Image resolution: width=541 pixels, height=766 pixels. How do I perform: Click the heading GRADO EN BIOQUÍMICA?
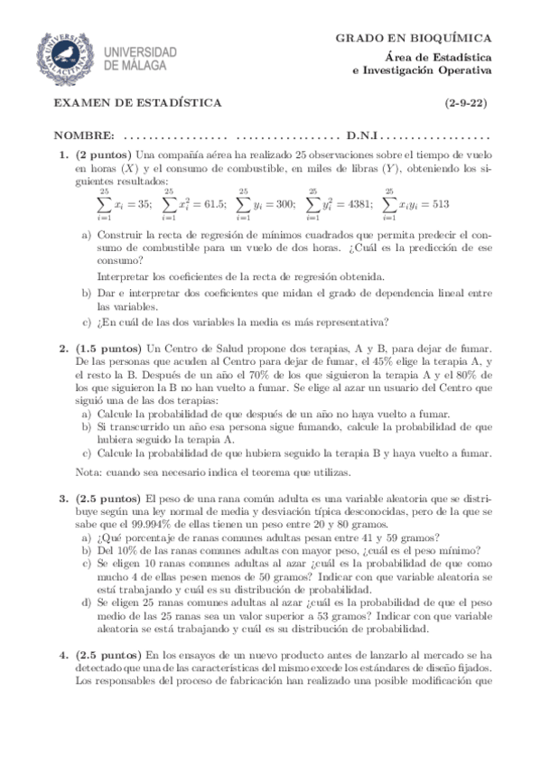(x=414, y=38)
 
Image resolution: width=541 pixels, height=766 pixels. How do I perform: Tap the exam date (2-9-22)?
(x=466, y=104)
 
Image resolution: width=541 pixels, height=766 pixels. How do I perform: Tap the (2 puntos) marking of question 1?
(x=104, y=155)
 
